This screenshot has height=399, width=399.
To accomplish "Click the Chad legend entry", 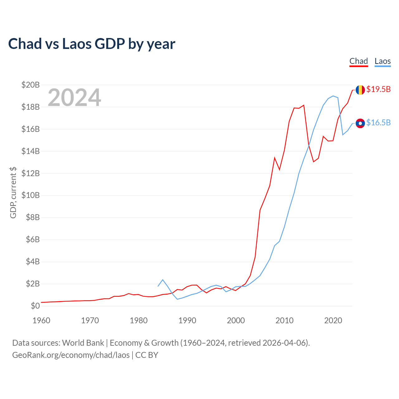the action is pyautogui.click(x=358, y=61).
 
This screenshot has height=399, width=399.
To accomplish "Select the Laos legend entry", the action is pyautogui.click(x=382, y=61).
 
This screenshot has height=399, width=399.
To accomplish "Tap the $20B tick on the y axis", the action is pyautogui.click(x=31, y=85).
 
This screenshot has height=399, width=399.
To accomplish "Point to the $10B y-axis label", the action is pyautogui.click(x=31, y=195).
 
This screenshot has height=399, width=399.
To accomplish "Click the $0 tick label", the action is pyautogui.click(x=35, y=306).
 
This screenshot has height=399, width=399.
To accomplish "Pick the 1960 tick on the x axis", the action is pyautogui.click(x=41, y=320).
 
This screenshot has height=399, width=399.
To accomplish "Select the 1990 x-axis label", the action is pyautogui.click(x=187, y=320).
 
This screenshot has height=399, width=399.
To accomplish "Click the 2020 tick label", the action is pyautogui.click(x=333, y=320).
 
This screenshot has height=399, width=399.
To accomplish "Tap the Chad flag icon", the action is pyautogui.click(x=360, y=90).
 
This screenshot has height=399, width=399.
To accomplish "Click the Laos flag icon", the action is pyautogui.click(x=360, y=123).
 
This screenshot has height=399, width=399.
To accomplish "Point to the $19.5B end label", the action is pyautogui.click(x=378, y=89).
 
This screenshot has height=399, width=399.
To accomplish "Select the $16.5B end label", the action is pyautogui.click(x=378, y=123).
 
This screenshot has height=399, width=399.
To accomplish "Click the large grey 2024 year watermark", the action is pyautogui.click(x=75, y=97).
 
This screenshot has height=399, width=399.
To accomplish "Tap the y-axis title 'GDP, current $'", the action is pyautogui.click(x=13, y=193).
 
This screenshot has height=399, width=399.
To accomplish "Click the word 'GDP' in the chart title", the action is pyautogui.click(x=110, y=44).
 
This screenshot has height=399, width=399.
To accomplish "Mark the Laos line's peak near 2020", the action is pyautogui.click(x=333, y=96).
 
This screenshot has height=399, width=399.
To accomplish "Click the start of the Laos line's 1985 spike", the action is pyautogui.click(x=158, y=286).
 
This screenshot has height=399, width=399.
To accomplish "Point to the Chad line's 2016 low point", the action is pyautogui.click(x=314, y=162).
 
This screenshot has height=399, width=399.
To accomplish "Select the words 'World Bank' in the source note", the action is pyautogui.click(x=83, y=343).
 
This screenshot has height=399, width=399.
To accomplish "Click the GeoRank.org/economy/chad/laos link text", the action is pyautogui.click(x=71, y=355).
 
